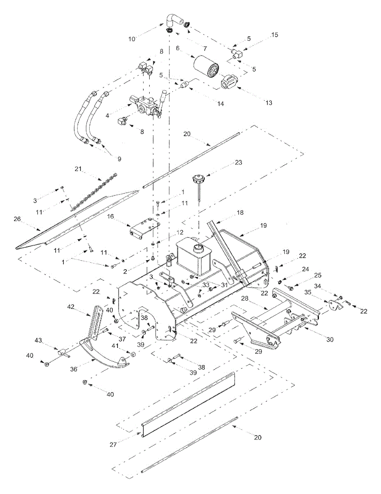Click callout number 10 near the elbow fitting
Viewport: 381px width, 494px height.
tap(132, 40)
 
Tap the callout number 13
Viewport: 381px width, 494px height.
tap(268, 103)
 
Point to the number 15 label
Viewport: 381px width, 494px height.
tap(274, 35)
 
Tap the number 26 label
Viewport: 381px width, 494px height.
tap(17, 219)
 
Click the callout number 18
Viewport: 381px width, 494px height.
tap(240, 213)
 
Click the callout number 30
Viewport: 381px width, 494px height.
tap(330, 340)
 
